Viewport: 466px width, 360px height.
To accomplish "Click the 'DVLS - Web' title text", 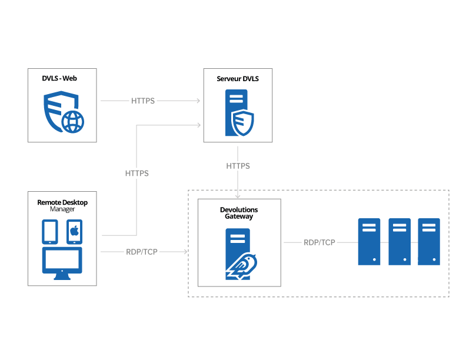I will [x=62, y=78].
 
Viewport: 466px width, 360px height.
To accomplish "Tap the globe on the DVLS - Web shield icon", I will [x=73, y=122].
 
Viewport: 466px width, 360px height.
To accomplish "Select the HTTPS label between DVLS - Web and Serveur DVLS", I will [x=143, y=101].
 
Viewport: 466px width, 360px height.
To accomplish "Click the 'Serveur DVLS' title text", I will [x=238, y=78].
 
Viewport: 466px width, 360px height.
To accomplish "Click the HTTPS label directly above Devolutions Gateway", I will [x=238, y=166].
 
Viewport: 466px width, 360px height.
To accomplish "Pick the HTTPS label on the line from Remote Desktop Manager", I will [x=137, y=174].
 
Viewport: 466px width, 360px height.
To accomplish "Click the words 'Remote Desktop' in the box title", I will [x=62, y=202].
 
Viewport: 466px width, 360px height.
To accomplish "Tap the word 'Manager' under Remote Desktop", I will [x=62, y=209].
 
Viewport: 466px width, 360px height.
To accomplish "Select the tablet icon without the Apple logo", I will [x=50, y=232].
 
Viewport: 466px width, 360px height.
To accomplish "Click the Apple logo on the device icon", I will [x=74, y=231].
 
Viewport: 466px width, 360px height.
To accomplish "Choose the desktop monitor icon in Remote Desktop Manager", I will [x=62, y=263].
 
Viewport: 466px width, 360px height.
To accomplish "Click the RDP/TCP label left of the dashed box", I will [x=142, y=251].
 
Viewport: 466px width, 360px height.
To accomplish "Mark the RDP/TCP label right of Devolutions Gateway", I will [x=319, y=242].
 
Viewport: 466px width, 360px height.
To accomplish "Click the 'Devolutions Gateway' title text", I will [x=239, y=213].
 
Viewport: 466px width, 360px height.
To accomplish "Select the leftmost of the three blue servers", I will [x=370, y=241].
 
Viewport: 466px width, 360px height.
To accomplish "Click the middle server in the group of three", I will [x=400, y=241].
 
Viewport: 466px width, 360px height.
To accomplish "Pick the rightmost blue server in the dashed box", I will [x=429, y=241].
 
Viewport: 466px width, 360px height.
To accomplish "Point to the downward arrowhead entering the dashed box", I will [x=238, y=196].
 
